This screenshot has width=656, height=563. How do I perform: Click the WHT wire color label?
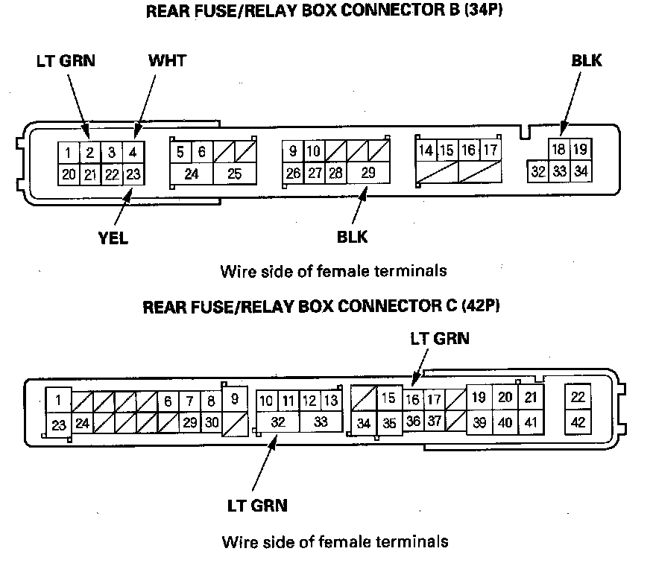click(x=167, y=60)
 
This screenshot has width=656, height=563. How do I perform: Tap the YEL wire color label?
click(x=113, y=238)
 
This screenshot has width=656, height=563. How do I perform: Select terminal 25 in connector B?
click(x=234, y=174)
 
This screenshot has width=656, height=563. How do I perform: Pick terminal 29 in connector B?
click(x=368, y=173)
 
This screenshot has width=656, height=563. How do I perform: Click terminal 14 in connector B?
click(x=426, y=151)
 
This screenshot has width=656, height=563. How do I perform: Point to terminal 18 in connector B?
click(x=558, y=149)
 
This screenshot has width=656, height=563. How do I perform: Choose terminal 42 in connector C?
click(x=578, y=422)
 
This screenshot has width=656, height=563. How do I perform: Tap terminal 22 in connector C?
click(x=578, y=398)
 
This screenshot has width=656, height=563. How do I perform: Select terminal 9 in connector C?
click(x=235, y=398)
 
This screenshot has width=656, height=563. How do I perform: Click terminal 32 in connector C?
click(x=278, y=422)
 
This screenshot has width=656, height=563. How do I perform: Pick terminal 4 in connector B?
click(x=133, y=153)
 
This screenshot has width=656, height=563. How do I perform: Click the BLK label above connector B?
click(x=587, y=60)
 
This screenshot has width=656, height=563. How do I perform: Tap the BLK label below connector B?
click(x=352, y=238)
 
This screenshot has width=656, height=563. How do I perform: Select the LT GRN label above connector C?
click(x=440, y=339)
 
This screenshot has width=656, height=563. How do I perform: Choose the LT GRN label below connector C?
click(x=257, y=506)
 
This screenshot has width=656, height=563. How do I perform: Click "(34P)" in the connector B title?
click(x=474, y=12)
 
